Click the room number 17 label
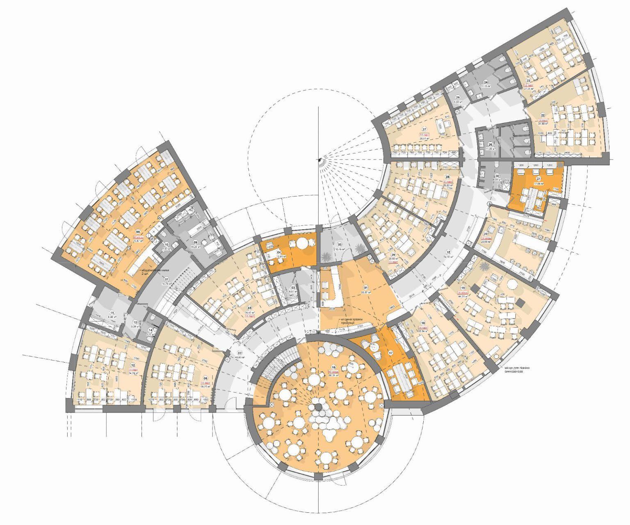[391, 353]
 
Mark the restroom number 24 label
[485, 82]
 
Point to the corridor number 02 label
[240, 352]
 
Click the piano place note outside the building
[518, 370]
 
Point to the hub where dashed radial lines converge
[319, 159]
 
